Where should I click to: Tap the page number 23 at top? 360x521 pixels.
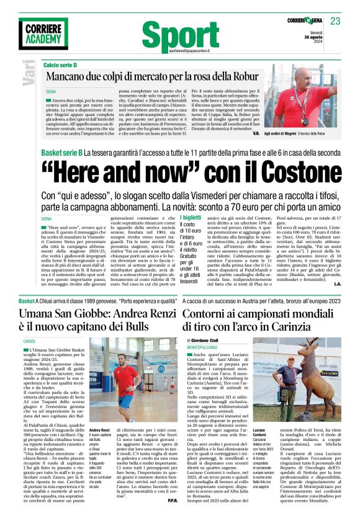(x=335, y=21)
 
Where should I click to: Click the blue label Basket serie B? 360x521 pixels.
(x=61, y=152)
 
